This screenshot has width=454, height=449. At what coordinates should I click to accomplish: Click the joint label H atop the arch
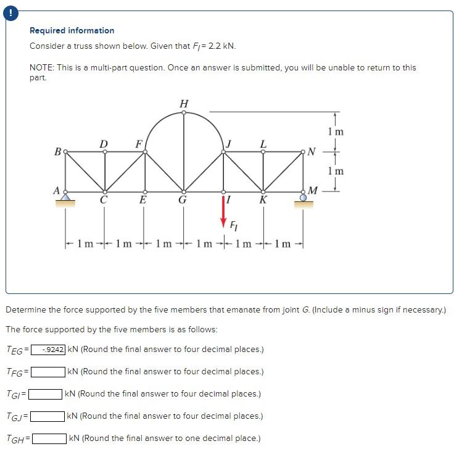point(183,103)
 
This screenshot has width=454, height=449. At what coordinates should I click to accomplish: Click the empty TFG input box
point(49,372)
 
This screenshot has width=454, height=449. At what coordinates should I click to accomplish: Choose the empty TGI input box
point(47,393)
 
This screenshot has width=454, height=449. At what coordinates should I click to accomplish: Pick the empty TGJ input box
point(49,416)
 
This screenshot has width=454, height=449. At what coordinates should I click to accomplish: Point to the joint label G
point(183,201)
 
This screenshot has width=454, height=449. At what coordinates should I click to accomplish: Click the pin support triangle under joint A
point(65,198)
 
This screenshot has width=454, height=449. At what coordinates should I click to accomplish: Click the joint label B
point(57,151)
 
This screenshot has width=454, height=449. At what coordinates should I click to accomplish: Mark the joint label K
point(263,201)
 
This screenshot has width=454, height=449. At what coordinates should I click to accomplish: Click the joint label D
point(104,143)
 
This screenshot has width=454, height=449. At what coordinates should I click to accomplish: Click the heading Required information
point(72,30)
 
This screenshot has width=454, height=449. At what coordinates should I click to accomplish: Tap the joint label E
point(143,201)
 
